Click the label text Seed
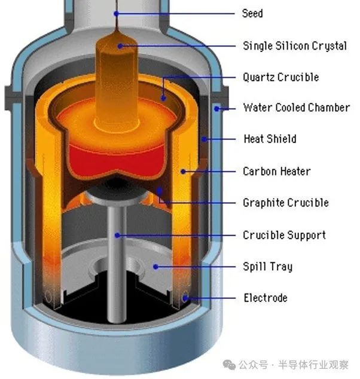(252, 13)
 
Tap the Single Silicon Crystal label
(295, 46)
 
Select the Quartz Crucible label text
(280, 77)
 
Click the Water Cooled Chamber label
(297, 108)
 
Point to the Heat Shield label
(270, 139)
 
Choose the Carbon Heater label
(277, 171)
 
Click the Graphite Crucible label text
(286, 203)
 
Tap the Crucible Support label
(284, 235)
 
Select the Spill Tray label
(268, 267)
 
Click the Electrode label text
(266, 298)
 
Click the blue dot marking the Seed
(116, 14)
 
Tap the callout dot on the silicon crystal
(120, 46)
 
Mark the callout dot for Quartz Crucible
(163, 98)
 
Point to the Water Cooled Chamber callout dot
(217, 109)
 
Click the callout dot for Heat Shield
(205, 139)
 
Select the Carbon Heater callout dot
(183, 172)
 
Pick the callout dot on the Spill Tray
(155, 267)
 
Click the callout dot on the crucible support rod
(117, 235)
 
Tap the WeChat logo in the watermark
(229, 365)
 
